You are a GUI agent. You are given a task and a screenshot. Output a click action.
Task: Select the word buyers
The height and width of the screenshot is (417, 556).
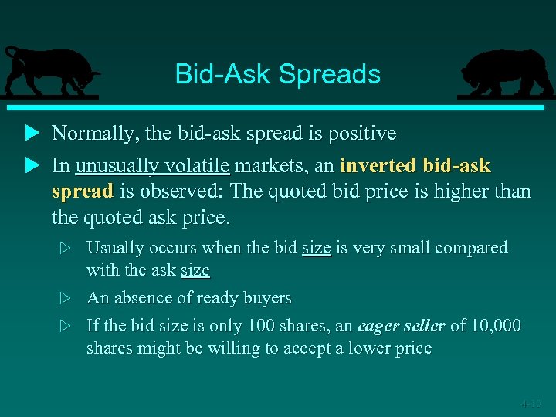(265, 298)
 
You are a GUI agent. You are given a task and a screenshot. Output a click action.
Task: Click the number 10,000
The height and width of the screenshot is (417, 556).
(494, 326)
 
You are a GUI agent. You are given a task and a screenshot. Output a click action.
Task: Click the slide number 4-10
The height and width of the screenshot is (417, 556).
(531, 403)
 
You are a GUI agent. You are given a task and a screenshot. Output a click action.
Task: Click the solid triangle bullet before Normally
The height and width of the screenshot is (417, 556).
(32, 134)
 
